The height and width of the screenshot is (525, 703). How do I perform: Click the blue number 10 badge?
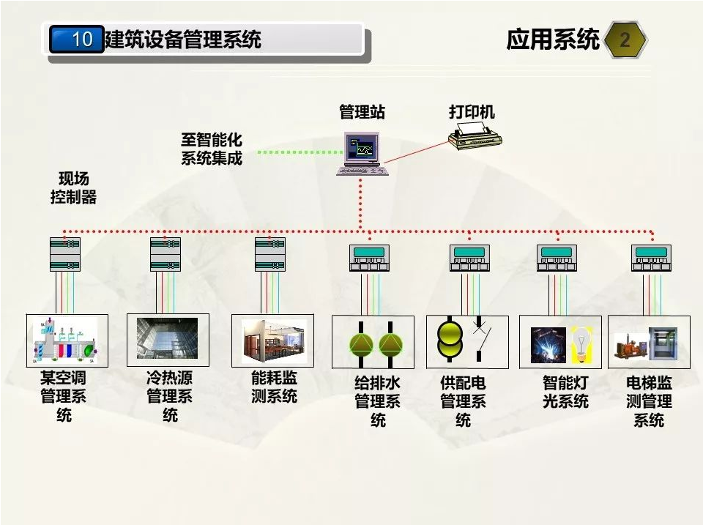(77, 39)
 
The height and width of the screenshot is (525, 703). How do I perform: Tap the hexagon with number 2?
(625, 40)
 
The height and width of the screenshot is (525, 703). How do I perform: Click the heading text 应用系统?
(552, 40)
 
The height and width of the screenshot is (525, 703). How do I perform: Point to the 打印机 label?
(472, 111)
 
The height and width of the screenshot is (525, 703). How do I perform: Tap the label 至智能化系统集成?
(212, 148)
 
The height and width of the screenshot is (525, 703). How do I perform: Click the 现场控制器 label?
(73, 188)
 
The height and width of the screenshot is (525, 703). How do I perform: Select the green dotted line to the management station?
(300, 152)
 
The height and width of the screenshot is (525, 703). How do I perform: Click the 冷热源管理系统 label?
(170, 397)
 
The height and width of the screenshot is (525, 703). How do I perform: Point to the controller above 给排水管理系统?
(370, 258)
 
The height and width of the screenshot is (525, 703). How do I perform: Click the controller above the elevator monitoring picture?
(651, 258)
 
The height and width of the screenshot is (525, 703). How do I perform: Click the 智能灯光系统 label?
(565, 392)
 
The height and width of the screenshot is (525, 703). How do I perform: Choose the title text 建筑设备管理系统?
(183, 39)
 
